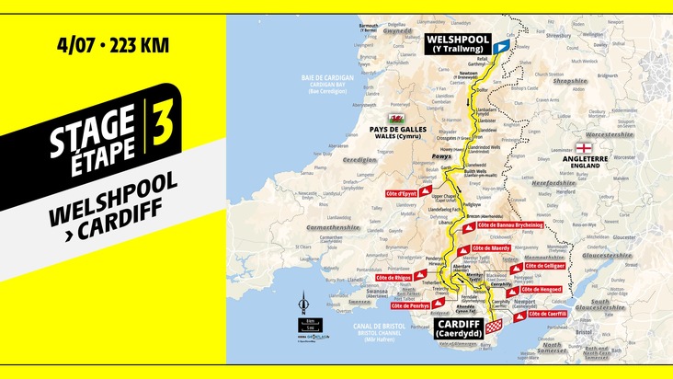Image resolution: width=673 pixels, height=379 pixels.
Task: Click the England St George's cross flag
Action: [x=584, y=147]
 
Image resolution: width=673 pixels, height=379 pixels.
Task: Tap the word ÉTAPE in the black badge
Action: [x=96, y=146]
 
